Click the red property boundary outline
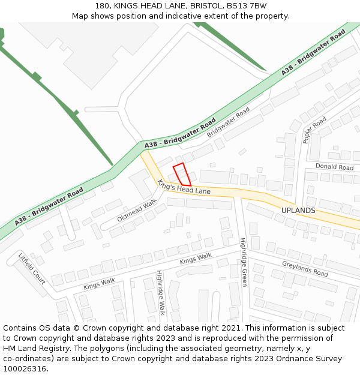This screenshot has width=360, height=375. tap(182, 174)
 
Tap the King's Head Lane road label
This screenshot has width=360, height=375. tap(184, 187)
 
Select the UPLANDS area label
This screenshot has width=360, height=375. tap(298, 211)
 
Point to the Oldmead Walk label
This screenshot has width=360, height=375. tap(137, 211)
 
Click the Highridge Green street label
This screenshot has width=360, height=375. tap(244, 262)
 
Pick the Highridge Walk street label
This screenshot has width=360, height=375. tap(160, 292)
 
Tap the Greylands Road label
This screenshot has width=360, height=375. tap(305, 268)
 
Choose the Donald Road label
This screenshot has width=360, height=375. tap(334, 167)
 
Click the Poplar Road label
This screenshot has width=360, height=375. tap(314, 130)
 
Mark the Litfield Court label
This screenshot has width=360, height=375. tap(32, 268)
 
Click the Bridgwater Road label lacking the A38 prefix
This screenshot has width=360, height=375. tap(228, 122)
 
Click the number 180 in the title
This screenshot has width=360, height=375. tap(103, 5)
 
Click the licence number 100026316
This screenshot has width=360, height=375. tap(24, 368)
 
